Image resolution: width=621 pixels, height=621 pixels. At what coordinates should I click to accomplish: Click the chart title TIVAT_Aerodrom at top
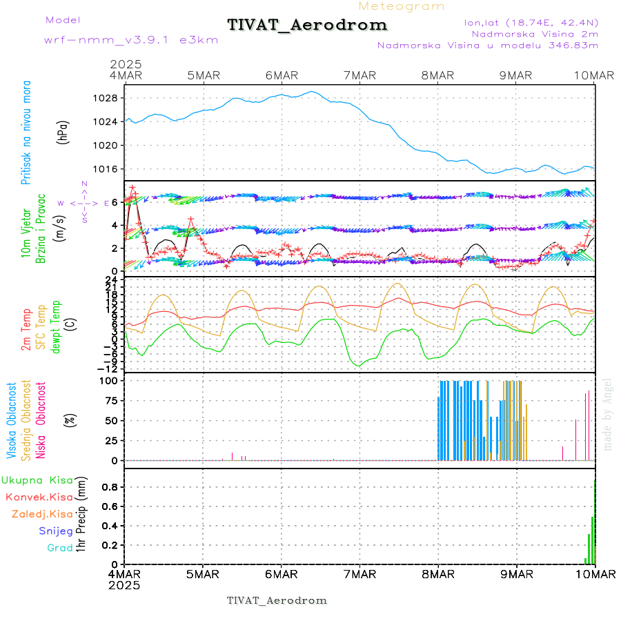tap(307, 26)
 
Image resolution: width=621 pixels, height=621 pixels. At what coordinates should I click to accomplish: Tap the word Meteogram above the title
tap(402, 6)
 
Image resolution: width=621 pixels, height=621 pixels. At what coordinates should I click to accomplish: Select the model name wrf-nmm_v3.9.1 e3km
tap(131, 40)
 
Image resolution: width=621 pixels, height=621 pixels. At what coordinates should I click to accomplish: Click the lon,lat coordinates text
tap(531, 22)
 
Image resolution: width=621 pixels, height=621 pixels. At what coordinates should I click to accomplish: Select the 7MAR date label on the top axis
tap(359, 75)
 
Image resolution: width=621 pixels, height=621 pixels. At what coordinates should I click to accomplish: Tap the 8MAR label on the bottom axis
tap(438, 574)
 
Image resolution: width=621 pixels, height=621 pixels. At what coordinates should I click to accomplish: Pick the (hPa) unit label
tap(63, 132)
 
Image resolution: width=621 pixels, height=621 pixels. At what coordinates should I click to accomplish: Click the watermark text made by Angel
tap(608, 414)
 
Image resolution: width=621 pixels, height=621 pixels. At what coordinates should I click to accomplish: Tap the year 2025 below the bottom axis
tap(125, 585)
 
